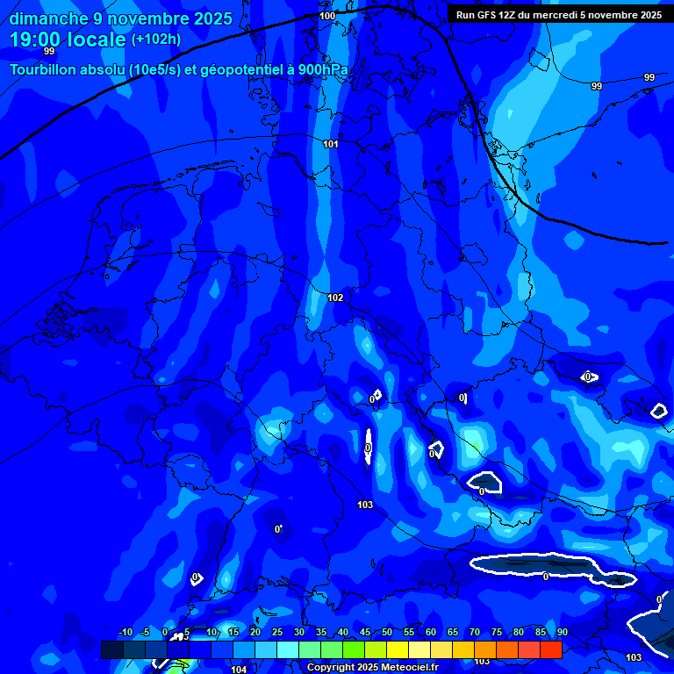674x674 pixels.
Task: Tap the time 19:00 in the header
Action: tap(40, 39)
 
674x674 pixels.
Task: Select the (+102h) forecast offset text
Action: tap(156, 39)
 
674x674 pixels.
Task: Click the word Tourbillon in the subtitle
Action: tap(45, 69)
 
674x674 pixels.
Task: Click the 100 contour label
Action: tap(327, 16)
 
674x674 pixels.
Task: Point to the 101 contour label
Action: tap(331, 144)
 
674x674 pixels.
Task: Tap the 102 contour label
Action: tap(335, 298)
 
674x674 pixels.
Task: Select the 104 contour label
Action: tap(239, 670)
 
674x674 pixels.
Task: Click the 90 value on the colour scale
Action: tap(562, 633)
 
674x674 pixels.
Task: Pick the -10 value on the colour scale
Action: tap(125, 633)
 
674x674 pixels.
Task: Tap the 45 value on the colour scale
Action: tap(365, 633)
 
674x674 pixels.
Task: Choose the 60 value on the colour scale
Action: tap(431, 633)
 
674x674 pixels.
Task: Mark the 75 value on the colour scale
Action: tap(497, 633)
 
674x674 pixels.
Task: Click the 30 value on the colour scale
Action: tap(299, 633)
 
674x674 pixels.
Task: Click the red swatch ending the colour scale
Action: tap(551, 649)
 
